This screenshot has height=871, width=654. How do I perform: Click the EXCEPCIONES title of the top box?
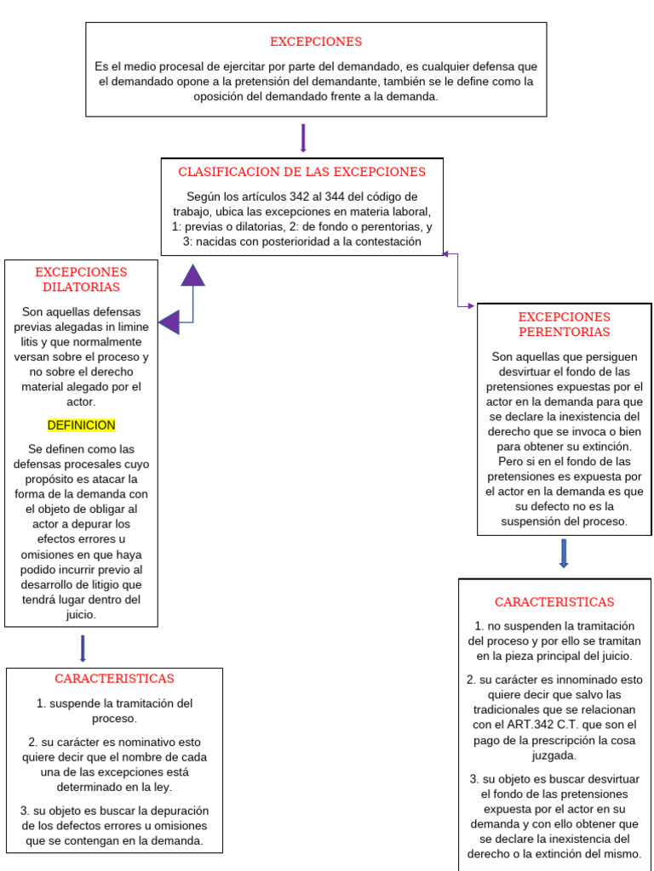click(x=316, y=42)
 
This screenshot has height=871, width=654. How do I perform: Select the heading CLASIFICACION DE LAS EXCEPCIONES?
click(x=301, y=172)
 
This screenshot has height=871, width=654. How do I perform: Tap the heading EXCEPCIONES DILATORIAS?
click(x=81, y=279)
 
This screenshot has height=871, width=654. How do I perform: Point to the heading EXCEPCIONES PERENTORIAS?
click(x=564, y=324)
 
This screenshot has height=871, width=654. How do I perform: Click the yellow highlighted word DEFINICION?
click(x=81, y=425)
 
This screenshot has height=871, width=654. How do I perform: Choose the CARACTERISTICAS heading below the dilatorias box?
click(x=114, y=679)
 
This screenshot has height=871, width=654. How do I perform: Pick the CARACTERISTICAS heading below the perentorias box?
click(x=554, y=602)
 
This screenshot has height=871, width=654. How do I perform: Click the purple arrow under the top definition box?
click(x=303, y=139)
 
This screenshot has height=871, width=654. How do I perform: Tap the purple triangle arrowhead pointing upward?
click(x=193, y=276)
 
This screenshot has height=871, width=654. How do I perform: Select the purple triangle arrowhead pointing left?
click(x=169, y=322)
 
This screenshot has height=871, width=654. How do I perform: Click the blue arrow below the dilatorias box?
click(x=83, y=648)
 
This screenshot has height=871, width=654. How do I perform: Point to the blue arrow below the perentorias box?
click(x=564, y=554)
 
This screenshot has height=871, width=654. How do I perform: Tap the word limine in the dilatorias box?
click(x=133, y=327)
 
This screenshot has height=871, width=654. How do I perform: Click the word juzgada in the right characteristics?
click(x=554, y=754)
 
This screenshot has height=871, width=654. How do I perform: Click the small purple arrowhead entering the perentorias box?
click(x=471, y=305)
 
